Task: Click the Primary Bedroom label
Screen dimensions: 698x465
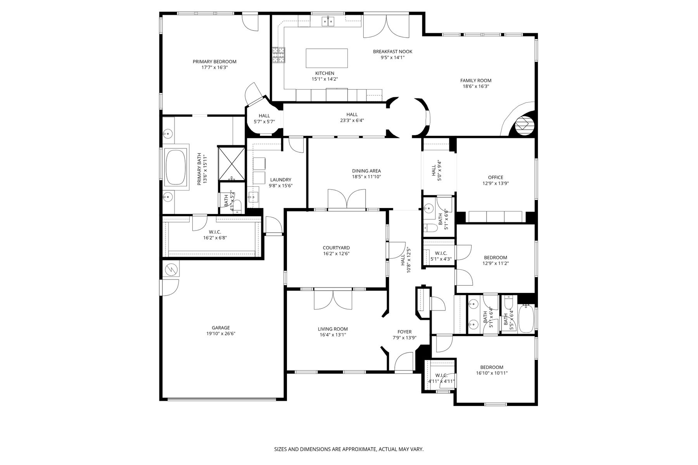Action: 214,62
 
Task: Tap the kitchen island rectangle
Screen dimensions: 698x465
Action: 327,58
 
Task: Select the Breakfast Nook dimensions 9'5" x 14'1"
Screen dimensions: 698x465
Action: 392,57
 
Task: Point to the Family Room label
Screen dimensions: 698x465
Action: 476,81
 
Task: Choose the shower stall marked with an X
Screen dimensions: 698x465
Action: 232,163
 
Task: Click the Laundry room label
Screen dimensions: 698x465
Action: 281,180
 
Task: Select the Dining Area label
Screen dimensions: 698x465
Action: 366,171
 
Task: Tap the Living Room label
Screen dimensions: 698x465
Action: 333,329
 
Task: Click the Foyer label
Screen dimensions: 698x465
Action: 404,332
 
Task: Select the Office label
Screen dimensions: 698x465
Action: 496,178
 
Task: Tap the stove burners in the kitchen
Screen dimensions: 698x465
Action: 278,55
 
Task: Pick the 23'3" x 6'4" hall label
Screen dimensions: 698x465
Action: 352,120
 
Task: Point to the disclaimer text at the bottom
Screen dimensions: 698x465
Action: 349,449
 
